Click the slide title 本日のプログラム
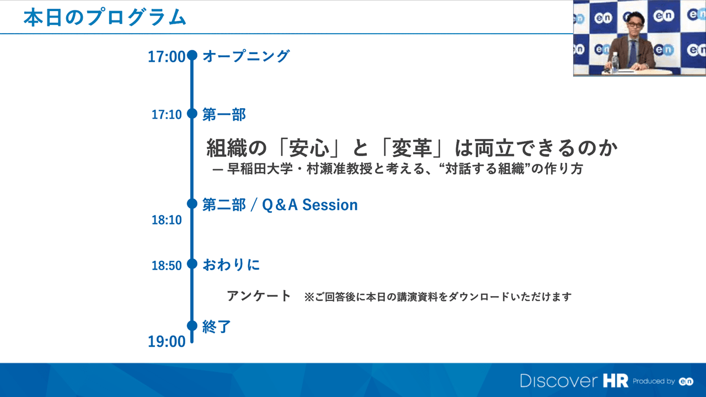point(105,17)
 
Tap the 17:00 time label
point(167,57)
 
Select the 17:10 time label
point(167,115)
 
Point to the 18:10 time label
point(167,220)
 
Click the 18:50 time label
point(167,266)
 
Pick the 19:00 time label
point(167,341)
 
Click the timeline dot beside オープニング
point(192,56)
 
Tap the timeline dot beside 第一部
point(192,114)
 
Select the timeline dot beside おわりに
point(192,264)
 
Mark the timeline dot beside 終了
point(192,325)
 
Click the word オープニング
point(246,56)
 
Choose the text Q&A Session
point(310,205)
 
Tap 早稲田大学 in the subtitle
point(260,169)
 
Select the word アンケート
point(259,296)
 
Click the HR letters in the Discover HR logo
point(616,381)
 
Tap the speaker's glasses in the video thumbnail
point(634,25)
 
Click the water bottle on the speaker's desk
point(615,62)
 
